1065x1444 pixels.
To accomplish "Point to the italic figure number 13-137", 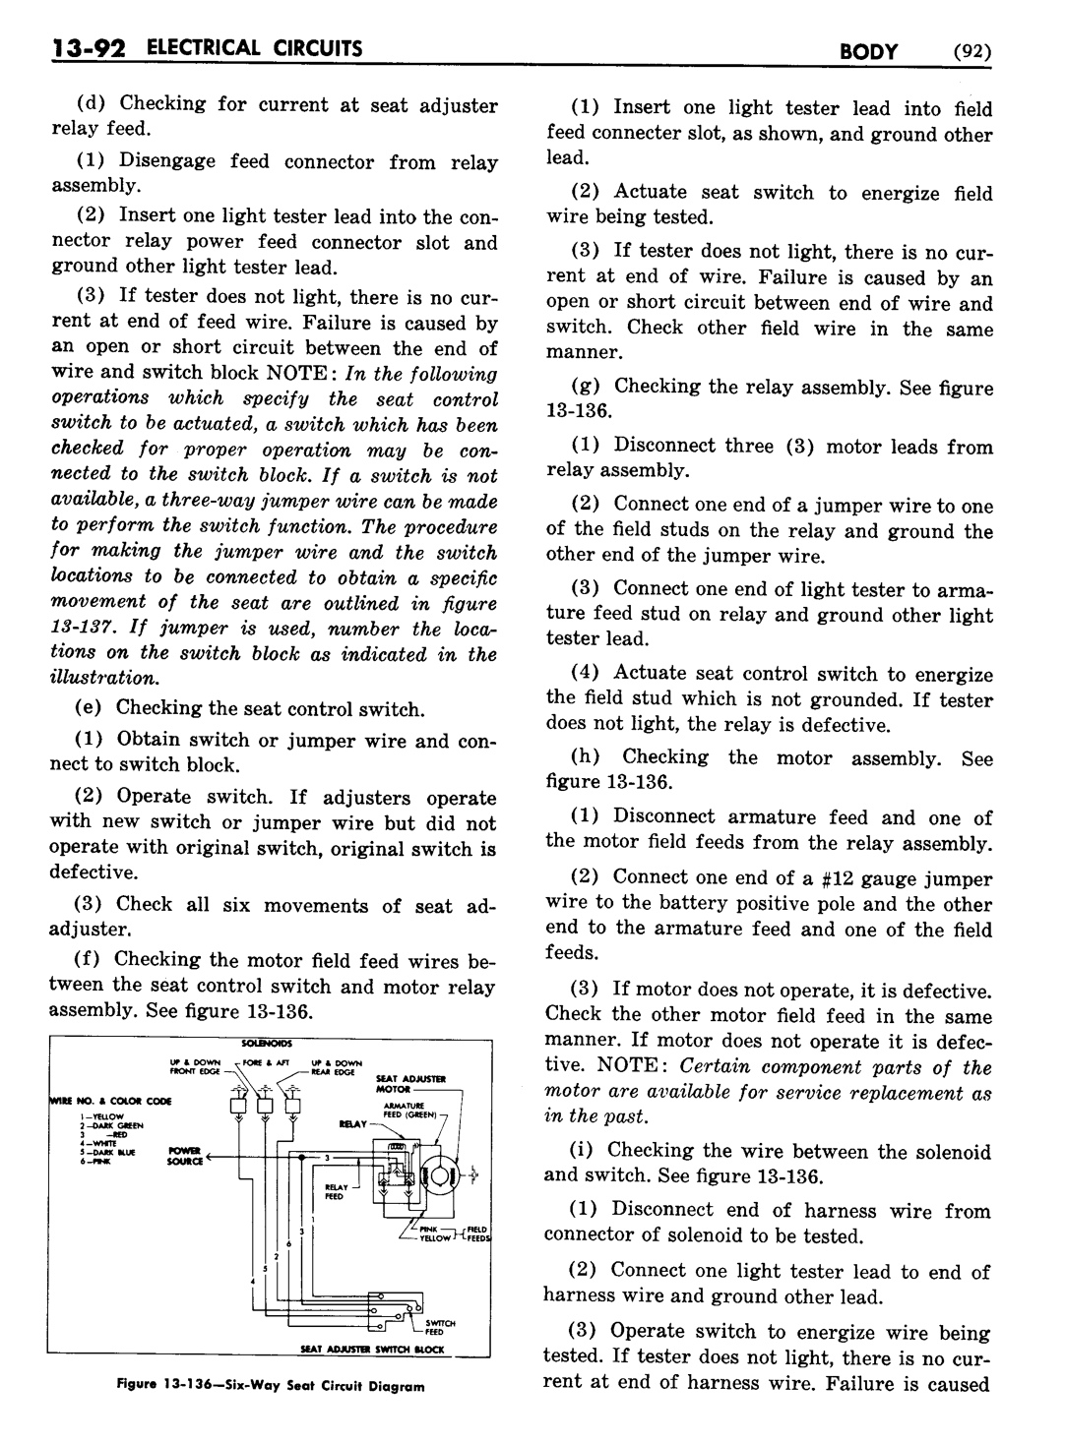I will coord(84,630).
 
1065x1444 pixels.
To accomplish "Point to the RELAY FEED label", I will coord(337,1191).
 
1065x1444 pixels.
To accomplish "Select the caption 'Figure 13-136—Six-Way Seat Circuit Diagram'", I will coord(270,1387).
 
